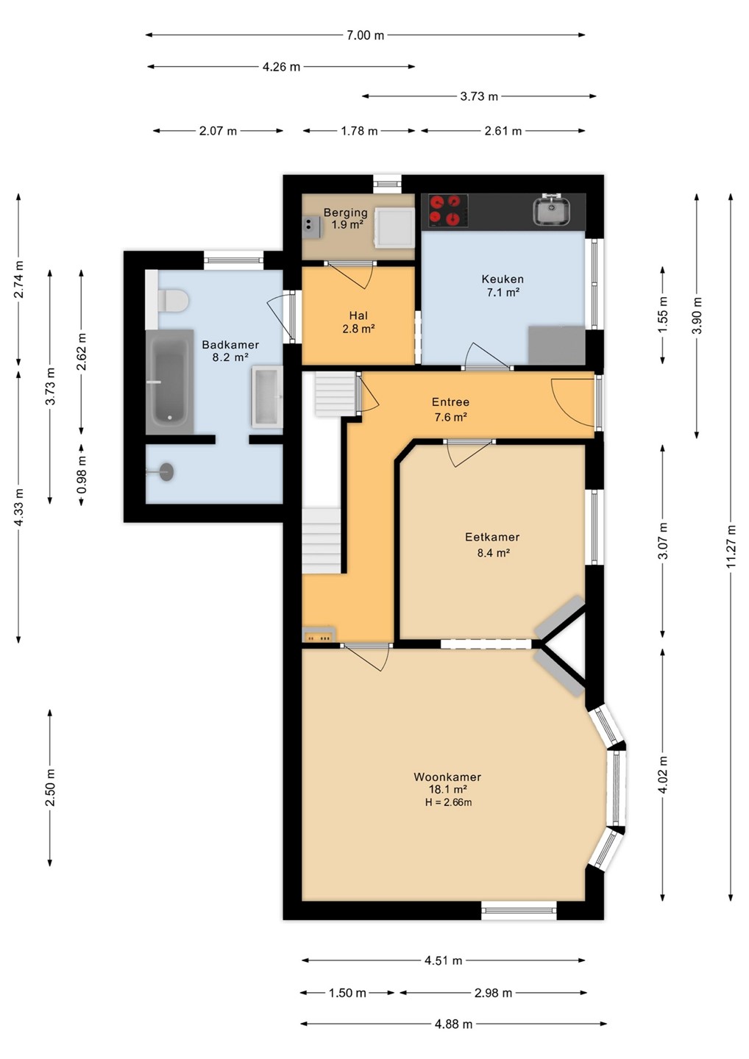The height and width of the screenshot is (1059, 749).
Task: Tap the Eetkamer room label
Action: point(492,537)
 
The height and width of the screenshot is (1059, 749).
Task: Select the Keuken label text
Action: point(503,279)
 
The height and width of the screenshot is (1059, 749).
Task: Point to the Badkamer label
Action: point(230,345)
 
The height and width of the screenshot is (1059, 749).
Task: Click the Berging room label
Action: point(346,213)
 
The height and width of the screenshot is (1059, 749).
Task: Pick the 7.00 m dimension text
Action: point(365,35)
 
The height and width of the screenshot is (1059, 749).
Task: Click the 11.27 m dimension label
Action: point(731,546)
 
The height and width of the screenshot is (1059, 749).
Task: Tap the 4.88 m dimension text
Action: point(453,1024)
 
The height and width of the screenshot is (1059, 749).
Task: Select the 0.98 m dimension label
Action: point(82,474)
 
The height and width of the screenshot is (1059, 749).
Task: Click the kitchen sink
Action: point(552,210)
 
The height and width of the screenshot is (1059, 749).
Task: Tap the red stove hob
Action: point(445,210)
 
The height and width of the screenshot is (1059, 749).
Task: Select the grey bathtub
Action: point(169,382)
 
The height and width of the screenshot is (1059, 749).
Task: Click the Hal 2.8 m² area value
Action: point(358,329)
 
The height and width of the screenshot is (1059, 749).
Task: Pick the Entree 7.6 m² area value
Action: point(450,418)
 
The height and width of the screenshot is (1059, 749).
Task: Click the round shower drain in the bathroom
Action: point(166,472)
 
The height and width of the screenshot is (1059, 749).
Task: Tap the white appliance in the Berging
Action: point(394,228)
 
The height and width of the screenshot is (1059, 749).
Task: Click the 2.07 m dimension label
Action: point(218,131)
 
